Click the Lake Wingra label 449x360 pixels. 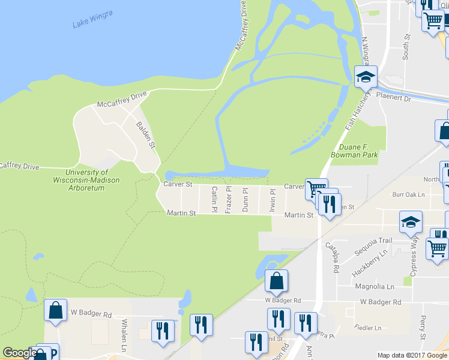pos(92,19)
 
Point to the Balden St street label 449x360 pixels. pos(146,136)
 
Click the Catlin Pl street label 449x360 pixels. pos(214,199)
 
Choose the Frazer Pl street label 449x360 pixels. pos(228,199)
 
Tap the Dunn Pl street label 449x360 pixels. pos(244,199)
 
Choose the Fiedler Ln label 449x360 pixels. pos(369,328)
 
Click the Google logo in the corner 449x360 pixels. pos(20,353)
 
